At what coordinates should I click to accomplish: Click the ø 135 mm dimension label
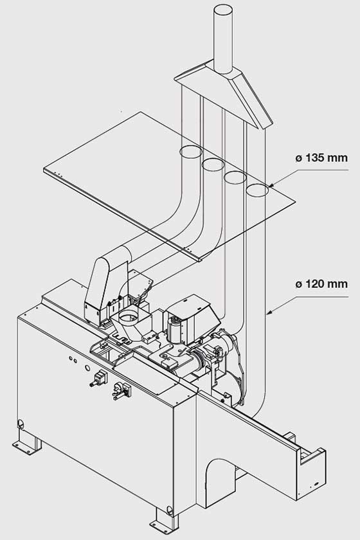[x=321, y=158]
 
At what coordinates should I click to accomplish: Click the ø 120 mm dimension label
[x=321, y=284]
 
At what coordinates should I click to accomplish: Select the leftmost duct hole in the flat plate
[x=191, y=152]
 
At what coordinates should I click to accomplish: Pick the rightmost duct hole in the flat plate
[x=257, y=190]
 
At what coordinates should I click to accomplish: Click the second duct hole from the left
[x=213, y=165]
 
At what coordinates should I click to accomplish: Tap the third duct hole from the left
[x=235, y=177]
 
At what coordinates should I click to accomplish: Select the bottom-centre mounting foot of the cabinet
[x=165, y=523]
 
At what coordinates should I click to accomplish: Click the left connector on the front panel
[x=98, y=379]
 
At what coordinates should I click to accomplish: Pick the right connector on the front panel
[x=122, y=392]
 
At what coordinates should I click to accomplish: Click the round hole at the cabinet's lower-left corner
[x=21, y=424]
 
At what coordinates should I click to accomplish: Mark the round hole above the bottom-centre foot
[x=169, y=509]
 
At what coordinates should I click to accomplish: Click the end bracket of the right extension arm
[x=311, y=472]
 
